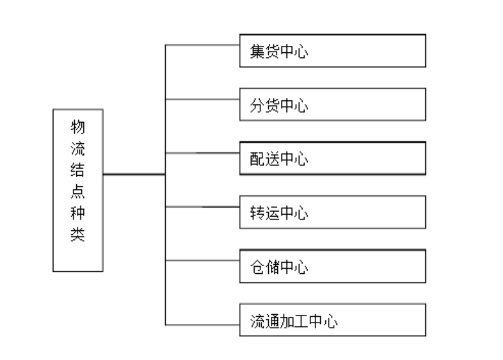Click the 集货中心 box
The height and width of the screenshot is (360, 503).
[x=332, y=51]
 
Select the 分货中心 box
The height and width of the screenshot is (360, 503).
[x=332, y=104]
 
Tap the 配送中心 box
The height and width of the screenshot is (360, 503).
[x=332, y=158]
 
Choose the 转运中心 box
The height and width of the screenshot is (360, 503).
[x=332, y=212]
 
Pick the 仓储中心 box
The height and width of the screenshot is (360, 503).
[x=332, y=266]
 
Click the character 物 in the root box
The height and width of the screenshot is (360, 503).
[x=78, y=127]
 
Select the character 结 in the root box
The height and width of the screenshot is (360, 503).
[x=78, y=170]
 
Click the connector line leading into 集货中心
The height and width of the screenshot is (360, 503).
[x=202, y=46]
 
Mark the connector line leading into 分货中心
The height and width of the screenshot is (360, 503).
[x=202, y=99]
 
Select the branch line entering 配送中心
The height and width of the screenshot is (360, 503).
[x=202, y=152]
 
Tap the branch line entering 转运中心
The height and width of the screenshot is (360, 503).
[x=202, y=207]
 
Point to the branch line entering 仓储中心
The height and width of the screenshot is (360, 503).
[x=202, y=260]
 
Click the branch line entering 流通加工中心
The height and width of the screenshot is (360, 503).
[x=202, y=325]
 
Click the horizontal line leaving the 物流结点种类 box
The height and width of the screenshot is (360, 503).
[x=134, y=174]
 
